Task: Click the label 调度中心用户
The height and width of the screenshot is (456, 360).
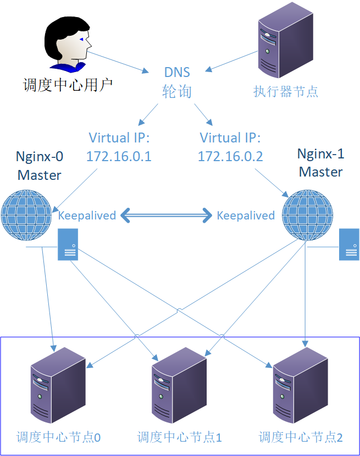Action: pyautogui.click(x=68, y=85)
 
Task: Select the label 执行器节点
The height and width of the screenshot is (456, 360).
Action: pyautogui.click(x=285, y=91)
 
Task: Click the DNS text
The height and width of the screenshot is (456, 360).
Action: pyautogui.click(x=177, y=72)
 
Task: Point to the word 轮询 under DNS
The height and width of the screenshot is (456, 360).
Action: pyautogui.click(x=177, y=91)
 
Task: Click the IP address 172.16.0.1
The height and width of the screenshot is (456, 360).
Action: pyautogui.click(x=119, y=157)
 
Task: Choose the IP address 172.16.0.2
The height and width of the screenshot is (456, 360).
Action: pyautogui.click(x=230, y=157)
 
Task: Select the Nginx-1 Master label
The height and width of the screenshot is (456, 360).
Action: pyautogui.click(x=320, y=163)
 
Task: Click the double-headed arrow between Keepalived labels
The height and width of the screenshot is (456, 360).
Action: pyautogui.click(x=167, y=216)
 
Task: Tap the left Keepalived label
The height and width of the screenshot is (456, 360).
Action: pyautogui.click(x=87, y=216)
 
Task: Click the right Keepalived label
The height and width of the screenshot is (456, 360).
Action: pyautogui.click(x=246, y=216)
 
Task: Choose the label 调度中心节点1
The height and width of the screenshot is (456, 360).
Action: pyautogui.click(x=180, y=438)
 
